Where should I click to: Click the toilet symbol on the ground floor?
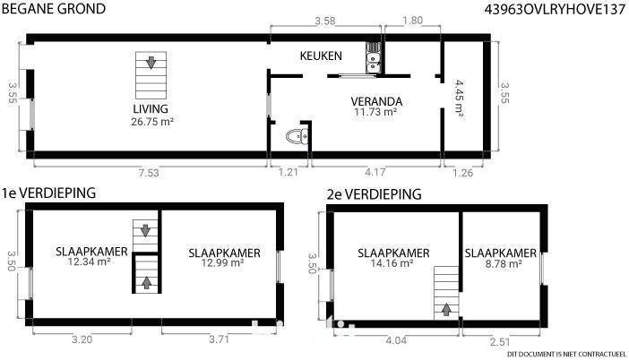[x=297, y=137]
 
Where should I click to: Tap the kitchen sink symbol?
[x=374, y=57]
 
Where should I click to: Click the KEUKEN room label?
[x=321, y=56]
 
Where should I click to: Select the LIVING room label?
[x=151, y=108]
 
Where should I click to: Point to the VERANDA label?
[x=376, y=101]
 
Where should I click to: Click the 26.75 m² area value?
[x=152, y=122]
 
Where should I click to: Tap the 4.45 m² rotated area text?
[x=459, y=99]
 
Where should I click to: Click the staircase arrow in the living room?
[x=151, y=63]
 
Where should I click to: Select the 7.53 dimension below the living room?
[x=149, y=173]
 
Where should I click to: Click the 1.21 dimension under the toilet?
[x=288, y=172]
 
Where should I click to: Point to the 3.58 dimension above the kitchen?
[x=324, y=21]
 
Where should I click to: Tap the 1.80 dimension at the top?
[x=412, y=20]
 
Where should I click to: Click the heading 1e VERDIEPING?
[x=48, y=193]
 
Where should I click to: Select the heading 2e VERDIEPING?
[x=375, y=194]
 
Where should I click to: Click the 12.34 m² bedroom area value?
[x=89, y=261]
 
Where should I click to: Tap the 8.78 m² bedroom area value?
[x=502, y=264]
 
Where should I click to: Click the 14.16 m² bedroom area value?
[x=392, y=263]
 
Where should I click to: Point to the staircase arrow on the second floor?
[x=446, y=310]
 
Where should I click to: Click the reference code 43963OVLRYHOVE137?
[x=555, y=9]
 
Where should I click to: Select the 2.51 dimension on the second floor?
[x=500, y=342]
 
